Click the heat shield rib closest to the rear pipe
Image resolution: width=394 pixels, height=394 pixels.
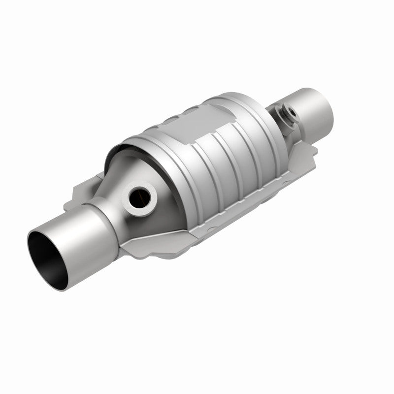[x=256, y=148]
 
